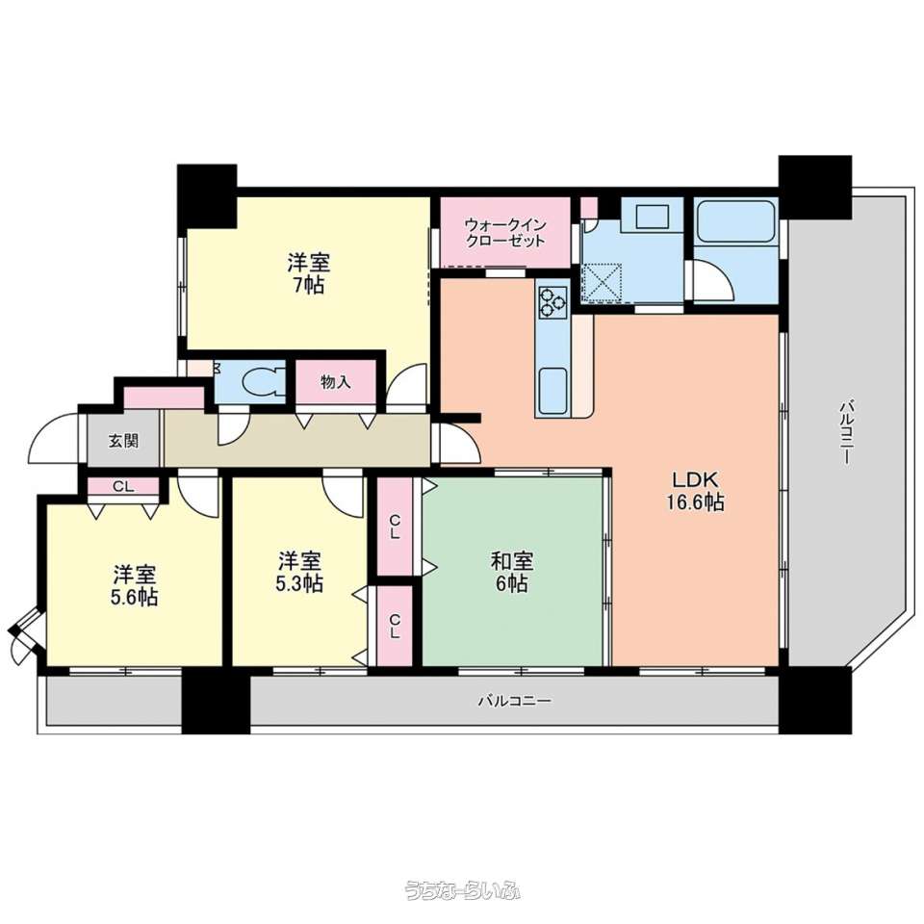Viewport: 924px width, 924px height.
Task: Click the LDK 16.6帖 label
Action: point(695,490)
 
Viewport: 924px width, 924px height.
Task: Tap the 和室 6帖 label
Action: point(511,572)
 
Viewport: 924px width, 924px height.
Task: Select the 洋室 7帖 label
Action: point(308,272)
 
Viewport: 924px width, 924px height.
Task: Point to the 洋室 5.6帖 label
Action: point(135,585)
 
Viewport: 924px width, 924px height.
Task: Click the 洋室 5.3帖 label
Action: point(299,571)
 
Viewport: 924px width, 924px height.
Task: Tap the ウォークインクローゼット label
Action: point(505,233)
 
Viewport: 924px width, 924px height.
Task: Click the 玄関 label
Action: point(123,440)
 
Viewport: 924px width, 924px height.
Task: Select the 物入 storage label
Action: point(336,382)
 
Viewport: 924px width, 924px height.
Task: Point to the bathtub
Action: point(735,221)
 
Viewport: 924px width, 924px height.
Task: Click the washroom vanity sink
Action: point(652,217)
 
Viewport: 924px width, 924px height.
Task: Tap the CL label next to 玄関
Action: point(123,487)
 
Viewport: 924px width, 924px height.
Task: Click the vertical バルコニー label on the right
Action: point(846,432)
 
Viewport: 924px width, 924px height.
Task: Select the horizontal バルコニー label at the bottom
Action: point(514,701)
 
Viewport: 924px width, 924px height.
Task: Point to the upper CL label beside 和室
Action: point(395,526)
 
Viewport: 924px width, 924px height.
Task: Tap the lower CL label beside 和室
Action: point(395,626)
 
